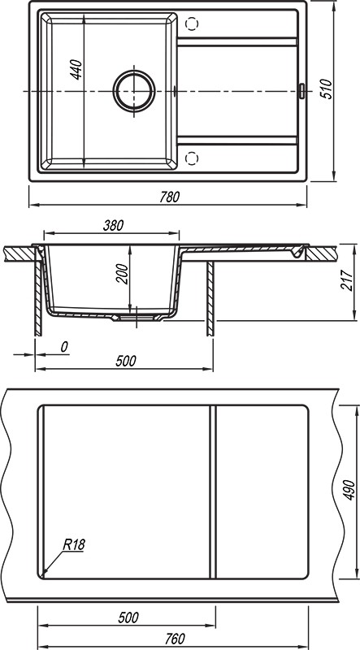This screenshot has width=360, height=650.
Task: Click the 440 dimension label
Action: pos(76,70)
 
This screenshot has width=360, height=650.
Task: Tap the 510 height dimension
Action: pos(327,89)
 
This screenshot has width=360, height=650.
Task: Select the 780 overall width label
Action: pos(170,197)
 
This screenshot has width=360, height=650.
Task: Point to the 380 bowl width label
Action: pos(113,226)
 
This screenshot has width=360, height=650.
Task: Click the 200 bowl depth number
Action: pos(122,274)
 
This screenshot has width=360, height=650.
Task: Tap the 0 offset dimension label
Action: pos(64,347)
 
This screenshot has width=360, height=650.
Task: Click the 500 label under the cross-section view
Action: pos(126,361)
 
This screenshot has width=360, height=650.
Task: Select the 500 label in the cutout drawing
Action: pos(128,617)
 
